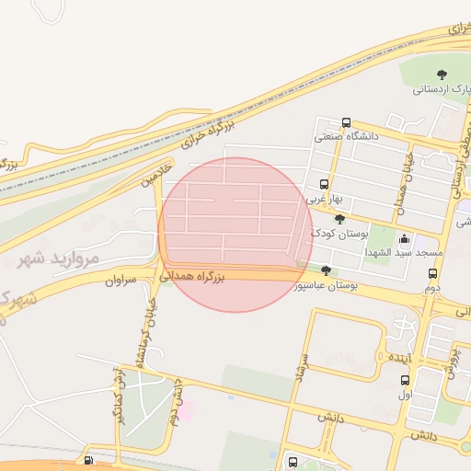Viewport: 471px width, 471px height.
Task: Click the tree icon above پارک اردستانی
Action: pos(442,75)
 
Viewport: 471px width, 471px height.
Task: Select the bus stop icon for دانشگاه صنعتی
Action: pos(346,122)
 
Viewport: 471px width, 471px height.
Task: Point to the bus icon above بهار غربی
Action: pos(322,184)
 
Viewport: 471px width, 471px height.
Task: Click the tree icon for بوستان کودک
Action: pos(340,219)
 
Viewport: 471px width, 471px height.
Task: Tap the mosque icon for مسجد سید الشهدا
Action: pos(405,239)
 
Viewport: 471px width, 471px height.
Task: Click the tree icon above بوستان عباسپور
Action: pos(327,270)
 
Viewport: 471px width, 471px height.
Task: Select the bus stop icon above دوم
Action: pos(432,273)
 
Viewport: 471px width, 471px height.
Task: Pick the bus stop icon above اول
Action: pos(405,380)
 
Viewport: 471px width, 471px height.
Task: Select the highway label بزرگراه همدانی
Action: pos(192,275)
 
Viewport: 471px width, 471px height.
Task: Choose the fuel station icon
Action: pos(87,461)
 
